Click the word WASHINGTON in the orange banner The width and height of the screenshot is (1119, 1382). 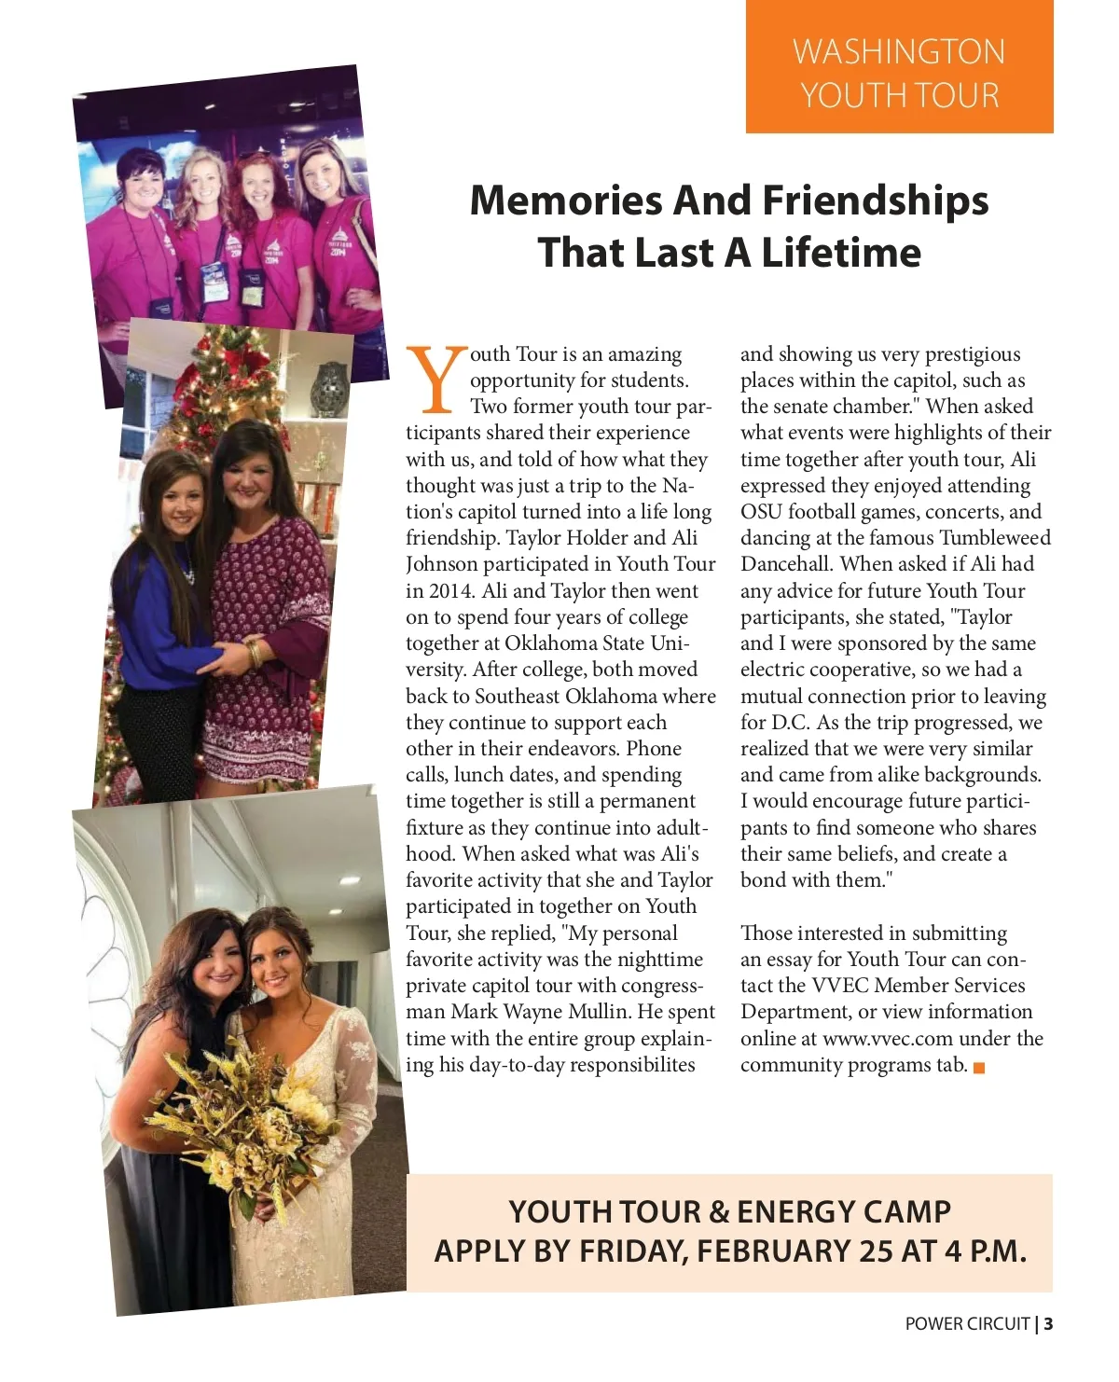point(899,51)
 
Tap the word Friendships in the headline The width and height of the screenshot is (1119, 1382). point(875,200)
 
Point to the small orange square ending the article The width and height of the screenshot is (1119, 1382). point(979,1068)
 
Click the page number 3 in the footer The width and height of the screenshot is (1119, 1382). point(1049,1324)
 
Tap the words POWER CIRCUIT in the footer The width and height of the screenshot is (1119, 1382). point(967,1324)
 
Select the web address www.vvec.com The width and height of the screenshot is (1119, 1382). point(887,1039)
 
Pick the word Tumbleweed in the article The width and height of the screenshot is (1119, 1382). point(995,538)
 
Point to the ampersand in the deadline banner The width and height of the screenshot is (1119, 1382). point(719,1212)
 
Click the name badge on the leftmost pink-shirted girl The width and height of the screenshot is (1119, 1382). point(162,308)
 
